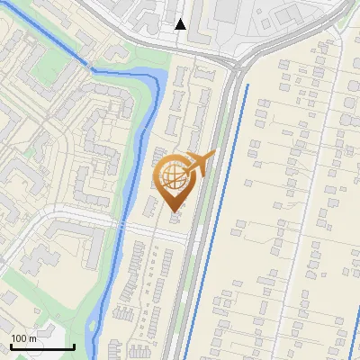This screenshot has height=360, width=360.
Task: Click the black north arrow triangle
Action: pos(181,24)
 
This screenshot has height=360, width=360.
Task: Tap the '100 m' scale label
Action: pos(23,338)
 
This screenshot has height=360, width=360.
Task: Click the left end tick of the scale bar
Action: pos(12,345)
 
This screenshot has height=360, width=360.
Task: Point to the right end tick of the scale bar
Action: pos(74,345)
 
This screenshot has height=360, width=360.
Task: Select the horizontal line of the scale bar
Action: pos(42,346)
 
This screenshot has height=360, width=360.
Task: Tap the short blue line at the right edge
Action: pos(353,337)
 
